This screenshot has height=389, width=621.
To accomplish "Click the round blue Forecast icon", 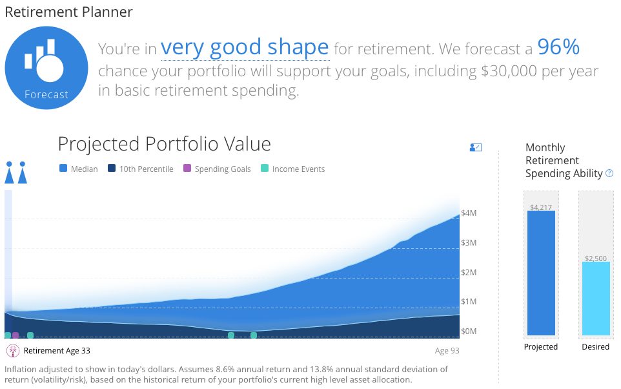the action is pyautogui.click(x=46, y=68).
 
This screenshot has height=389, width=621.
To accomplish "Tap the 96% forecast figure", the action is pyautogui.click(x=558, y=47).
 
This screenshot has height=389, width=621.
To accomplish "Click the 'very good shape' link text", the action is pyautogui.click(x=245, y=48).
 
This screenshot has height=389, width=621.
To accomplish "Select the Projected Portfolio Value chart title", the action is pyautogui.click(x=165, y=143).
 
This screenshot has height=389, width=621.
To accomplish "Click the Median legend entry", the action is pyautogui.click(x=78, y=169).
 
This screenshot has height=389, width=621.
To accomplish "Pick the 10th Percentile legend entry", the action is pyautogui.click(x=141, y=169).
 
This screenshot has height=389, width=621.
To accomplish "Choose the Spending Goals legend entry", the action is pyautogui.click(x=217, y=169).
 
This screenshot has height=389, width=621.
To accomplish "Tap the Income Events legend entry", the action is pyautogui.click(x=292, y=169).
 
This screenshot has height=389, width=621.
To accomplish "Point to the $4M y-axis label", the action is pyautogui.click(x=469, y=213).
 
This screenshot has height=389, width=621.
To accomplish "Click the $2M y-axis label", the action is pyautogui.click(x=469, y=273).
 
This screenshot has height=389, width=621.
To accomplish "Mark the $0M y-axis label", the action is pyautogui.click(x=469, y=331).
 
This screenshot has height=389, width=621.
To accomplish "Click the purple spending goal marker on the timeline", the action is pyautogui.click(x=15, y=335).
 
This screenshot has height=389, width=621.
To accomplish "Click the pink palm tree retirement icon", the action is pyautogui.click(x=13, y=350).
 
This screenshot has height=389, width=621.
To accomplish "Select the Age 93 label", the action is pyautogui.click(x=447, y=350).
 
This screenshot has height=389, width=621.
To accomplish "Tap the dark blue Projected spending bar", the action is pyautogui.click(x=541, y=273).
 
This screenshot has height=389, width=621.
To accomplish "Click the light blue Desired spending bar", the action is pyautogui.click(x=596, y=298).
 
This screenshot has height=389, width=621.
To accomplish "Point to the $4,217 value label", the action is pyautogui.click(x=541, y=207).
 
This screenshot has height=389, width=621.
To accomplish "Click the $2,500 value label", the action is pyautogui.click(x=596, y=258).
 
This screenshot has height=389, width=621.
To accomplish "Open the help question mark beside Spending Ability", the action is pyautogui.click(x=609, y=173).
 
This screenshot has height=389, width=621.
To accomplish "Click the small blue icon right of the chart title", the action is pyautogui.click(x=476, y=147).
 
